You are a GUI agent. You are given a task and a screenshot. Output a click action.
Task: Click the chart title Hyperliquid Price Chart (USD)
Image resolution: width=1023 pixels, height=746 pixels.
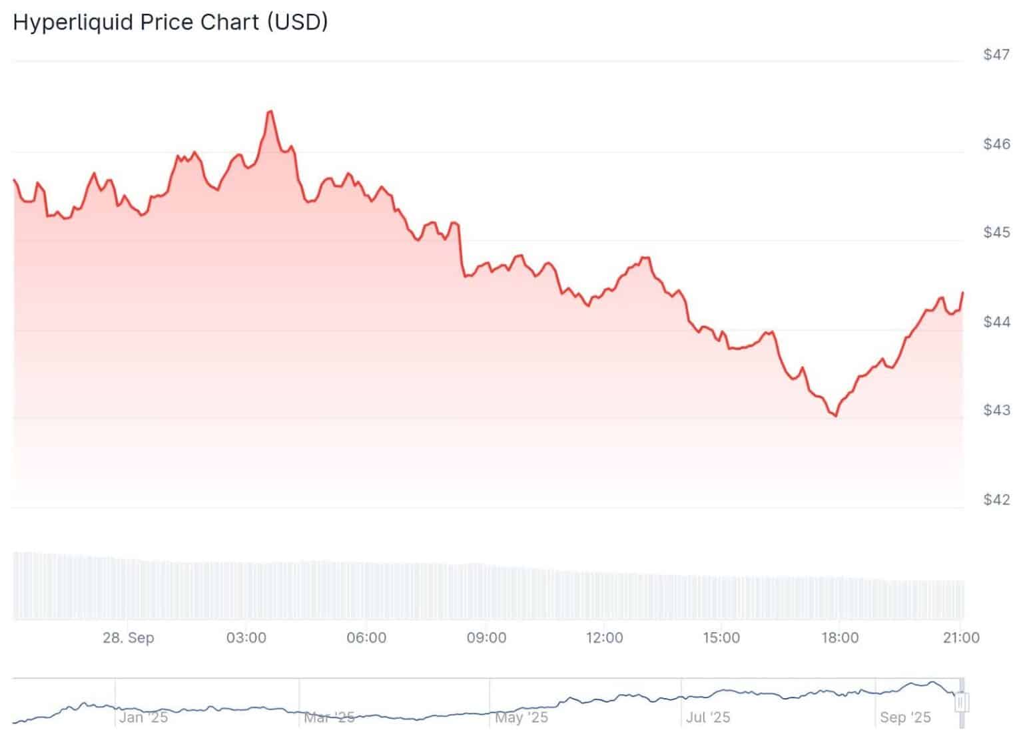[170, 22]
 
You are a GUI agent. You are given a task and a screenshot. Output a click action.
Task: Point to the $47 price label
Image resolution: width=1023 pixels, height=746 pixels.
[996, 55]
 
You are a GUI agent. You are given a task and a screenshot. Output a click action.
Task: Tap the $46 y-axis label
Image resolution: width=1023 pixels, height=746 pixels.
[996, 144]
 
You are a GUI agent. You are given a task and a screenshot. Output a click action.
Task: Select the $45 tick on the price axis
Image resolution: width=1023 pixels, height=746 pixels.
[996, 232]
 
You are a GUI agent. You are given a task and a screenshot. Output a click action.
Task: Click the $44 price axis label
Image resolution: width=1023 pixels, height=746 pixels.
[996, 321]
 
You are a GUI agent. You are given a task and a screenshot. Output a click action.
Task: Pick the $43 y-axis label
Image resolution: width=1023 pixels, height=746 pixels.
[996, 410]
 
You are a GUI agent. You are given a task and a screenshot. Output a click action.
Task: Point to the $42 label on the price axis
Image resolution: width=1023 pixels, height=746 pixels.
[996, 499]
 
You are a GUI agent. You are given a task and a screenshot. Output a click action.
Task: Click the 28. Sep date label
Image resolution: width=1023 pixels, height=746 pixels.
[128, 638]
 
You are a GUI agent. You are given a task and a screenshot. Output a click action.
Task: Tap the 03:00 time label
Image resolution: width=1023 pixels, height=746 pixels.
[246, 638]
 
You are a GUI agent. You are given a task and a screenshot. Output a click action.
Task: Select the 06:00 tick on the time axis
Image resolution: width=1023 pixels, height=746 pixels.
[366, 638]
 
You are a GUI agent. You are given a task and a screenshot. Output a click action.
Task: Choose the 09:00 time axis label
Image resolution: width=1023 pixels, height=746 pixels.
[486, 638]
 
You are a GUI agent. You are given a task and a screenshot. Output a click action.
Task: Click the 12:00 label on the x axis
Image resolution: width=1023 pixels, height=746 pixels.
[604, 638]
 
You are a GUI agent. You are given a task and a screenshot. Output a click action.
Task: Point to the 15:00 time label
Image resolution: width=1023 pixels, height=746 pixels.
[721, 638]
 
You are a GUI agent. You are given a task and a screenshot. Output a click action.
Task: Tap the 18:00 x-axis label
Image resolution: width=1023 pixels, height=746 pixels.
[840, 638]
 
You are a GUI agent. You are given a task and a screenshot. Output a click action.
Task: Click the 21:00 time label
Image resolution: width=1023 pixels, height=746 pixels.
[960, 638]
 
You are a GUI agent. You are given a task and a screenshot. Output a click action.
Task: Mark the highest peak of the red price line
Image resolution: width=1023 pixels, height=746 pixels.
[270, 111]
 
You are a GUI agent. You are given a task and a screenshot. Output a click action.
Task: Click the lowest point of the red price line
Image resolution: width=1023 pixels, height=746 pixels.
[836, 416]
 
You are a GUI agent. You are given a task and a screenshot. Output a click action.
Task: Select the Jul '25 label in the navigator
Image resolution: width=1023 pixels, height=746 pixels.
[708, 717]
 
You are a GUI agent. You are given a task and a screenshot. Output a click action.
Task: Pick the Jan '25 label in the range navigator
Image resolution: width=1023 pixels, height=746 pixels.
[144, 717]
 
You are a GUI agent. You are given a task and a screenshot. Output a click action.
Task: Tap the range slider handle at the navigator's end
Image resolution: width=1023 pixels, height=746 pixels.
[962, 702]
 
